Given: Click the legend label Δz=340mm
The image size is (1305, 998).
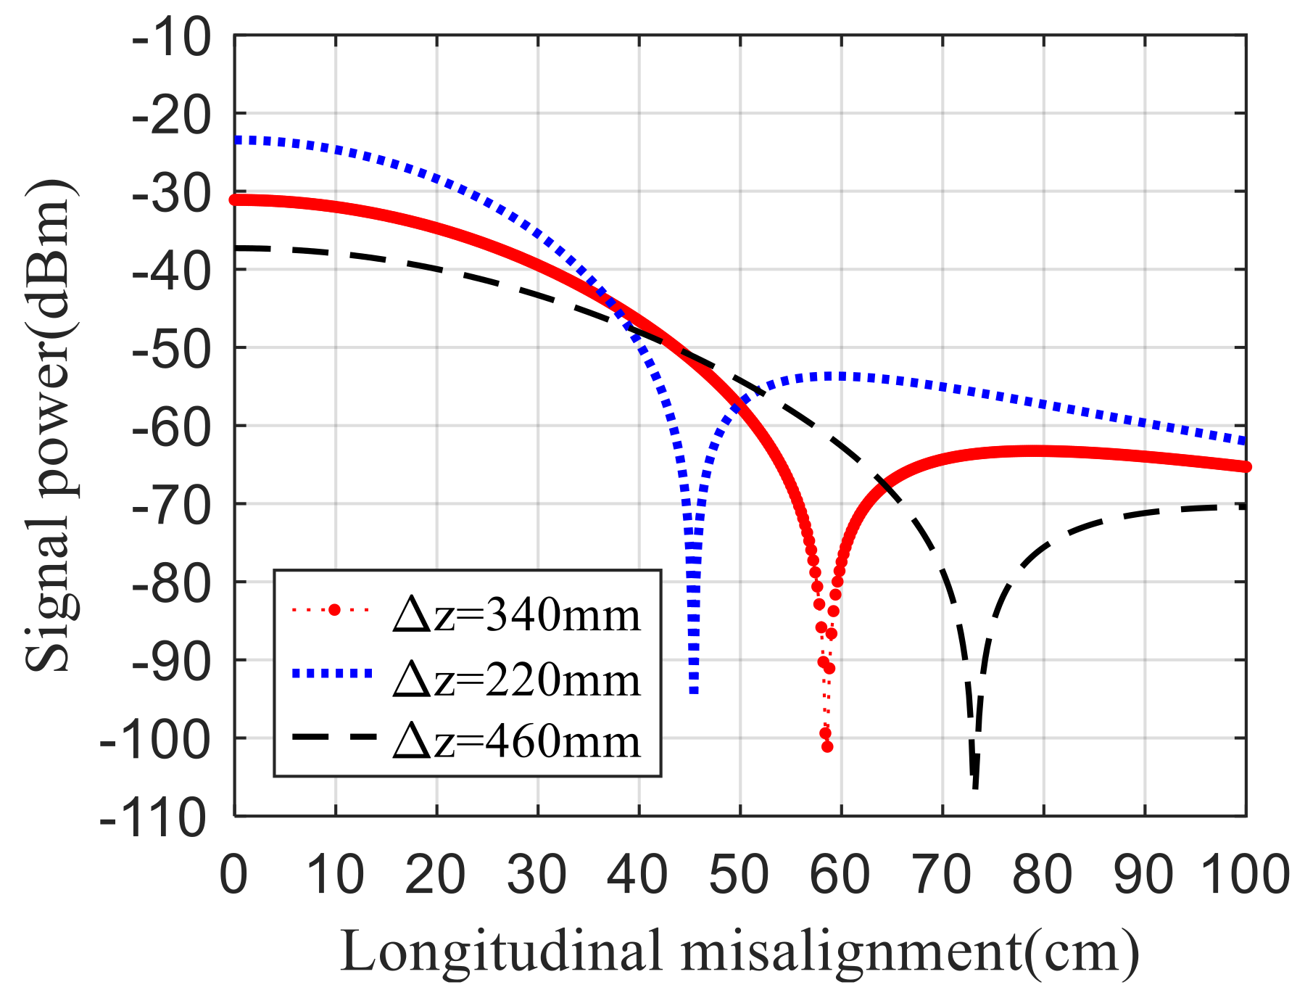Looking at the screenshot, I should click(x=516, y=615).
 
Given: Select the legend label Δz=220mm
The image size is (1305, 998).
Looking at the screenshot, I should click(x=516, y=680).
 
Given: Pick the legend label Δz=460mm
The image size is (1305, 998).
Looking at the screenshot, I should click(x=516, y=741).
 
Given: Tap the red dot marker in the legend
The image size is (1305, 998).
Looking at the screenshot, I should click(x=334, y=610).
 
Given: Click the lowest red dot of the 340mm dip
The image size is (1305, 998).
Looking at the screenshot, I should click(x=827, y=746).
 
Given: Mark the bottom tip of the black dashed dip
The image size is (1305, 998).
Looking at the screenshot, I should click(x=976, y=788).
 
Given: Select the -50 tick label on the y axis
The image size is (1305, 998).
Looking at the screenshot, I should click(x=172, y=348).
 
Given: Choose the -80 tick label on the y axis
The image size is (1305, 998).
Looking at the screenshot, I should click(x=172, y=582).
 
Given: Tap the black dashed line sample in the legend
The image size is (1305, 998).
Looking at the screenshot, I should click(x=334, y=737).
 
